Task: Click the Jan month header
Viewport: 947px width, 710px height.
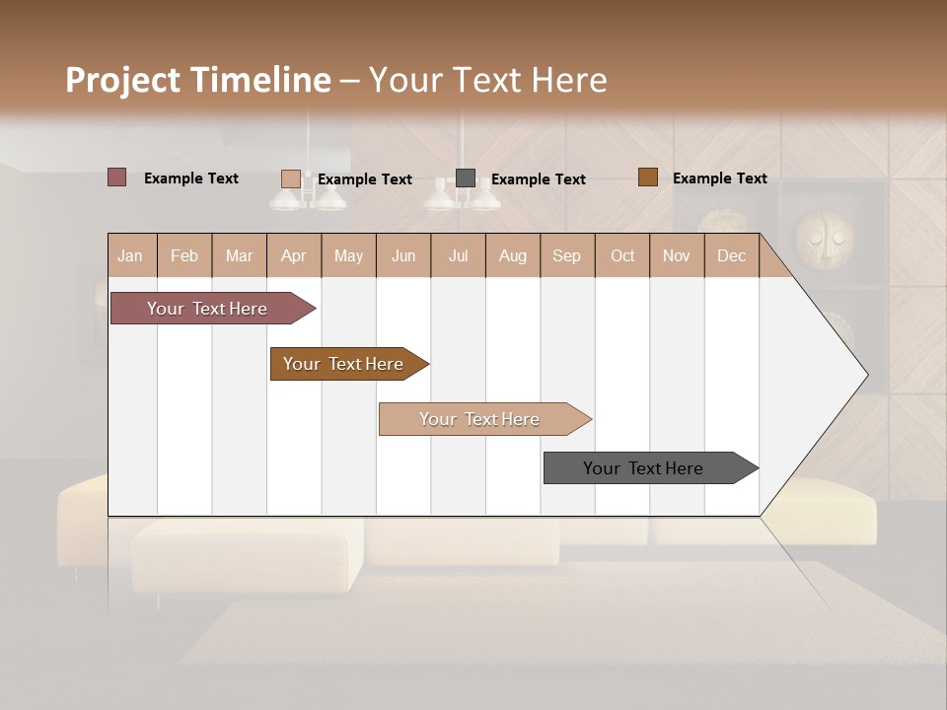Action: coord(130,255)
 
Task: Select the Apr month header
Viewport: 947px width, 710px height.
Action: coord(293,255)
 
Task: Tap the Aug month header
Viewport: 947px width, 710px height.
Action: coord(512,255)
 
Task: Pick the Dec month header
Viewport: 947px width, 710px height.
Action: coord(731,255)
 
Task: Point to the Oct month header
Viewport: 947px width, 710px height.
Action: coord(622,255)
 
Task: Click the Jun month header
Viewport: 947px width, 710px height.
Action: coord(402,255)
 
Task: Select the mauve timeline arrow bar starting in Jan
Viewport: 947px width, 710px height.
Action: coord(207,309)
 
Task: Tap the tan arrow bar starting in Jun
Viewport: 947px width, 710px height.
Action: coord(479,419)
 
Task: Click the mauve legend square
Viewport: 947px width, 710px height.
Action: coord(116,177)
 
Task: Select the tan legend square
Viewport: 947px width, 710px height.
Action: coord(290,178)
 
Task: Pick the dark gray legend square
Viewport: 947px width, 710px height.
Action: coord(466,177)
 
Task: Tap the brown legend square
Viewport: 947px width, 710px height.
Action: coord(647,177)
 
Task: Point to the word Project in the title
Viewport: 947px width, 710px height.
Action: coord(123,81)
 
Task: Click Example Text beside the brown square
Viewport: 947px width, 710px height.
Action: coord(719,177)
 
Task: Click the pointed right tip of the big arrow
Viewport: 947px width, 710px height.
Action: coord(864,375)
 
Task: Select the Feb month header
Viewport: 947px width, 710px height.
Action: coord(184,255)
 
